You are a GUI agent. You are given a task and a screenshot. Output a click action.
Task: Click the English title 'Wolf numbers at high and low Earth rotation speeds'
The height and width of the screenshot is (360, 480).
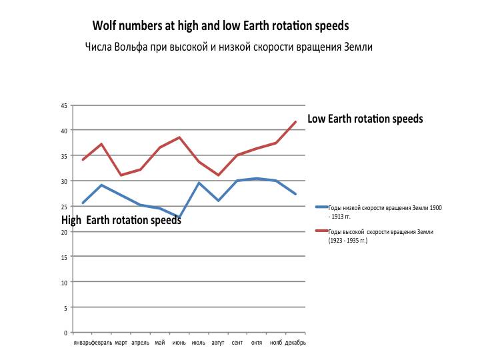pos(221,26)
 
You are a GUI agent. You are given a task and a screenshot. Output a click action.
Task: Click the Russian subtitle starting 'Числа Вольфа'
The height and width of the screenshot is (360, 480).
pos(228,47)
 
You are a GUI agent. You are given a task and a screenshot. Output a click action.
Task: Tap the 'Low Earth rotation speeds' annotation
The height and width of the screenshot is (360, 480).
pos(365,119)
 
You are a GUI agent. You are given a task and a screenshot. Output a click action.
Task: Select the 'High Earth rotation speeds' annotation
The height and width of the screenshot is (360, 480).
pos(121,220)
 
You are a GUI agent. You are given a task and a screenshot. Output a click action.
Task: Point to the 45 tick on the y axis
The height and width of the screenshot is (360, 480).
pos(64,105)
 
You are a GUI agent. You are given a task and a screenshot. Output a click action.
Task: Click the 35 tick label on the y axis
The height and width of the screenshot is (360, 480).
pos(64,156)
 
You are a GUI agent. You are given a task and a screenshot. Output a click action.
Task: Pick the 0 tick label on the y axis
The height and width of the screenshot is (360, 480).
pos(65,333)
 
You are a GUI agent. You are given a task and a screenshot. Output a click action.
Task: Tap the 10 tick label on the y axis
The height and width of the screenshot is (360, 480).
pos(64,282)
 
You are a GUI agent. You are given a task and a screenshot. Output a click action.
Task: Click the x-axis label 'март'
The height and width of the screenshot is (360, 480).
pos(121,343)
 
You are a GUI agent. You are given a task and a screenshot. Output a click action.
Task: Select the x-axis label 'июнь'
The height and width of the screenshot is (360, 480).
pos(179,343)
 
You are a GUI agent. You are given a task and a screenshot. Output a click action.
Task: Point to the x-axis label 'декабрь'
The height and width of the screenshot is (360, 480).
pos(295,343)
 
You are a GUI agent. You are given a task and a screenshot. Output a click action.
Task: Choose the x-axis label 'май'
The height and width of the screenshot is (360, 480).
pos(160,343)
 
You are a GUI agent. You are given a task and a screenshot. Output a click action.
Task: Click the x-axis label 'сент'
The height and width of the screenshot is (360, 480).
pos(237,343)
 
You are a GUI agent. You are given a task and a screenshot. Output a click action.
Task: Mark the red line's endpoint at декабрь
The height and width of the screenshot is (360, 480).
pos(295,122)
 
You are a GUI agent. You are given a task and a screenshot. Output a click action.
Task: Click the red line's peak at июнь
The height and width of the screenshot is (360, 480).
pos(179,137)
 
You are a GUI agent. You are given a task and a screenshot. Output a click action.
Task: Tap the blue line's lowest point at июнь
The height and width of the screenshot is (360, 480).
pos(179,217)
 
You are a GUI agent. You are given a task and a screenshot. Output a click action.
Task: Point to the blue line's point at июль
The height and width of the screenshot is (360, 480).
pos(199,183)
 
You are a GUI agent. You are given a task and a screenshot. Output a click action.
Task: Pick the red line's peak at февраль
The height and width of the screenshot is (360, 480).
pos(101,144)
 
